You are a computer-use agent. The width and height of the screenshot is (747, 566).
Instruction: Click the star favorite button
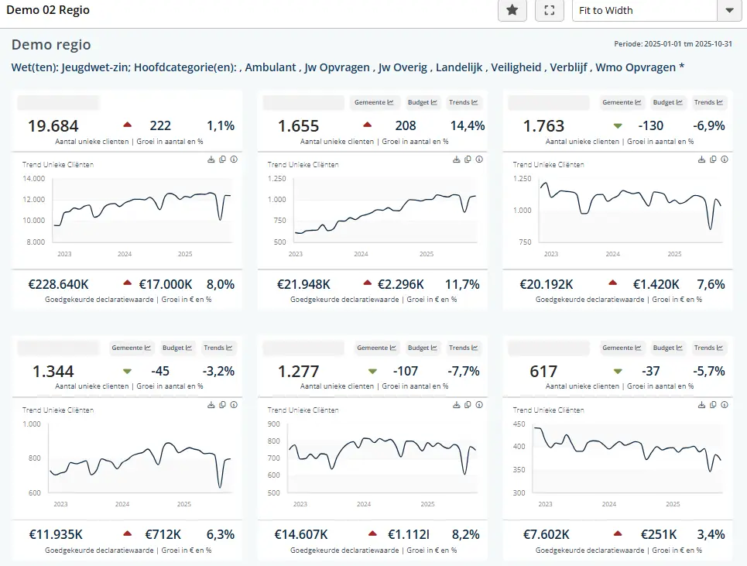[512, 10]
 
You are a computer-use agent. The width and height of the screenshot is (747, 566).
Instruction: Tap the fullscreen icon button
[550, 10]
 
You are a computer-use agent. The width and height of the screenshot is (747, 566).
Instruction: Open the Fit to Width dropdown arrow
[728, 10]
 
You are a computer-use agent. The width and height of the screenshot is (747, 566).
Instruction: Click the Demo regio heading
[51, 45]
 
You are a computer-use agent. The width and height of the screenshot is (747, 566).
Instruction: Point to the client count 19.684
[53, 126]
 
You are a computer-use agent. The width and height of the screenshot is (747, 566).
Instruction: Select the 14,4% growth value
[468, 126]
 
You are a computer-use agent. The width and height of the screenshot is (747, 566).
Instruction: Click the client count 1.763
[544, 126]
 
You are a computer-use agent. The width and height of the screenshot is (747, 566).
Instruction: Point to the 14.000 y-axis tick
[34, 178]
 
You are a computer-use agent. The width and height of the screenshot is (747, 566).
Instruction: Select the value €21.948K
[304, 284]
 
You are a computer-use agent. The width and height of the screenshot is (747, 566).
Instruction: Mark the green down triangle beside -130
[617, 125]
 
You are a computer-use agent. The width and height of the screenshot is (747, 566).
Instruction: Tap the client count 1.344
[53, 372]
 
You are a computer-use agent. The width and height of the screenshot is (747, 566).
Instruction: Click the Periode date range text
[673, 44]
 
